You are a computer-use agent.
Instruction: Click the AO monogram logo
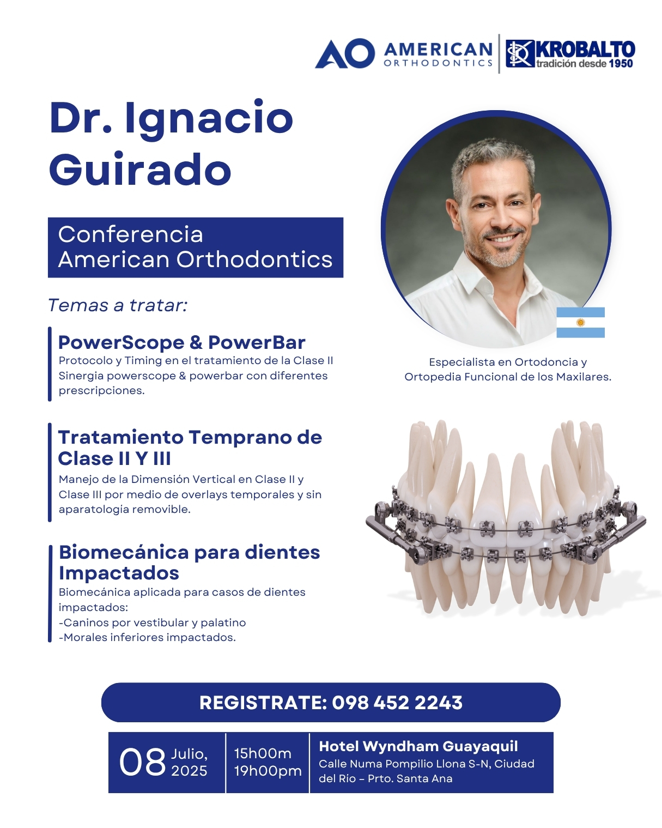pyautogui.click(x=345, y=53)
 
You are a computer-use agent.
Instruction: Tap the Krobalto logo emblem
pyautogui.click(x=519, y=53)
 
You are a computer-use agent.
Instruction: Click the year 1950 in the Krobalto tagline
pyautogui.click(x=621, y=63)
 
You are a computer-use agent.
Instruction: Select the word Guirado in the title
pyautogui.click(x=141, y=170)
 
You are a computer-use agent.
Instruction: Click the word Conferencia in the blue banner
pyautogui.click(x=130, y=234)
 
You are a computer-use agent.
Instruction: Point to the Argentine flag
pyautogui.click(x=580, y=323)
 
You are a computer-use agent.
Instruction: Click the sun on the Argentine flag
pyautogui.click(x=580, y=323)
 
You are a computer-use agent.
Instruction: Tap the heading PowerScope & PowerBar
pyautogui.click(x=181, y=342)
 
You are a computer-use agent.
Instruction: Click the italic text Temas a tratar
pyautogui.click(x=118, y=305)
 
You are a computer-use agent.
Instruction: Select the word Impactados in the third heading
pyautogui.click(x=119, y=573)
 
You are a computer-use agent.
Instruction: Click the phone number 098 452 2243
pyautogui.click(x=397, y=703)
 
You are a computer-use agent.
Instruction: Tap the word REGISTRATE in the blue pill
pyautogui.click(x=263, y=703)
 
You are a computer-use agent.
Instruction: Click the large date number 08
pyautogui.click(x=142, y=763)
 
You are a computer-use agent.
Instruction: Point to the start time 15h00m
pyautogui.click(x=263, y=753)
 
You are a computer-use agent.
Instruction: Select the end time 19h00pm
pyautogui.click(x=268, y=771)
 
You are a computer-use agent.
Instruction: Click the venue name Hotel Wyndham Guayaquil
pyautogui.click(x=418, y=746)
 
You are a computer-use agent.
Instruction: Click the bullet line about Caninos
pyautogui.click(x=153, y=622)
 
